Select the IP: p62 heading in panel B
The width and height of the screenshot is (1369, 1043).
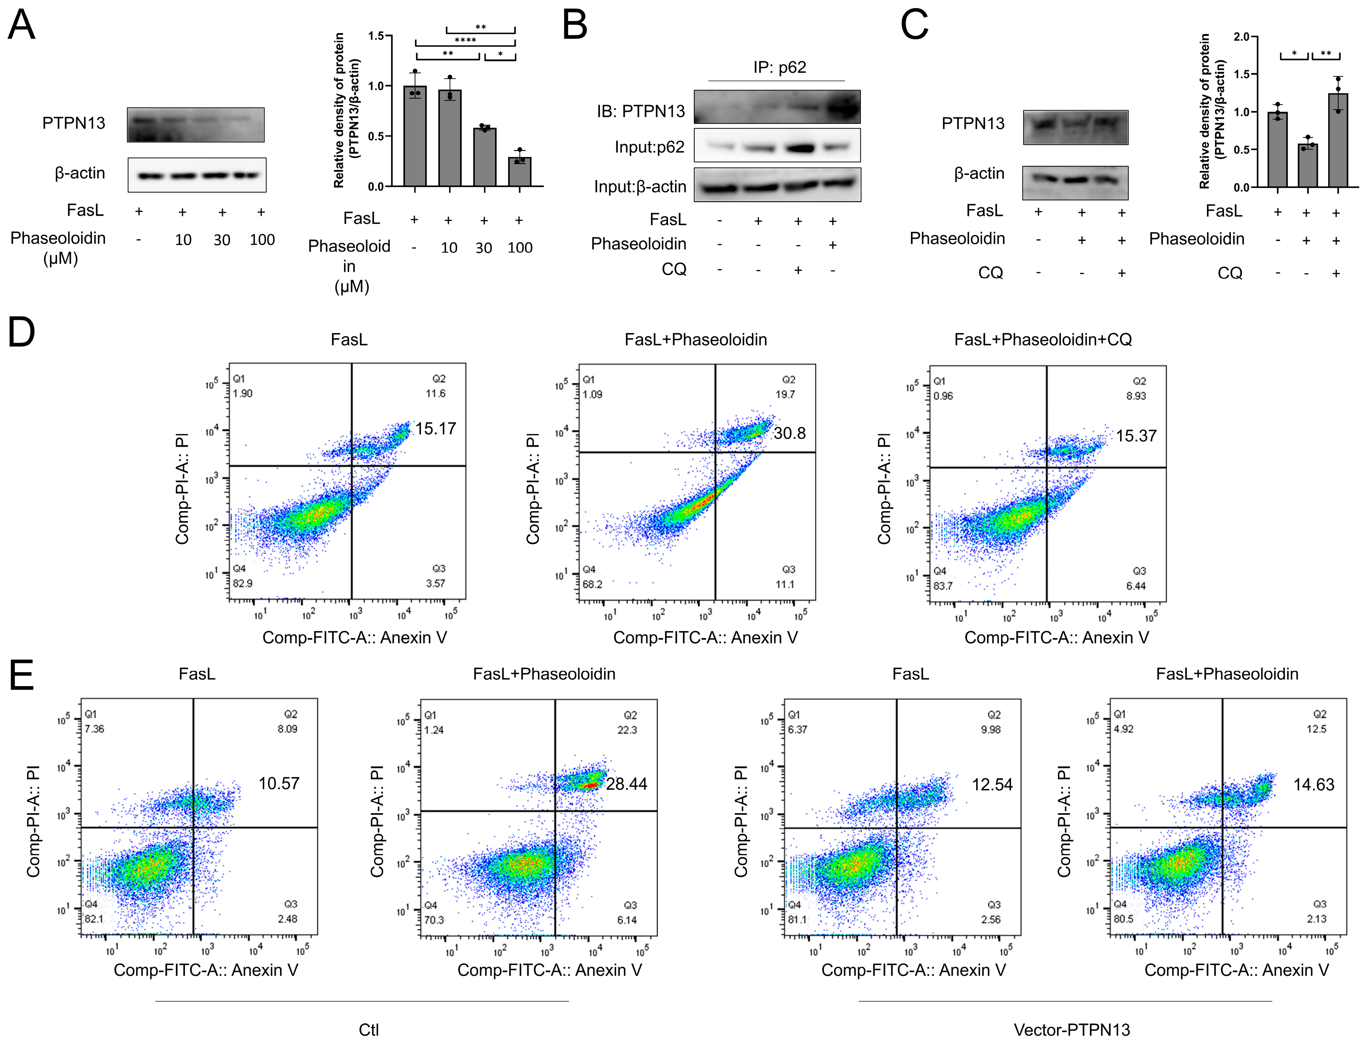[779, 67]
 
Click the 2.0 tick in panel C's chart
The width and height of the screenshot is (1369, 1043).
[1241, 37]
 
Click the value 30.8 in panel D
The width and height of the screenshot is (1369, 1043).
[789, 433]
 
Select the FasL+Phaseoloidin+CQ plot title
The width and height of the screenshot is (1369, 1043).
[1043, 340]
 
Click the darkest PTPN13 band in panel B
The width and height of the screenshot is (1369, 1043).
[842, 109]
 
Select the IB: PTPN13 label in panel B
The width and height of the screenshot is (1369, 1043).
[641, 111]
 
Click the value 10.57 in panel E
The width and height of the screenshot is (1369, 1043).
[279, 783]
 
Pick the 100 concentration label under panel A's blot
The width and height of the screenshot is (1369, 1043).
[262, 240]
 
